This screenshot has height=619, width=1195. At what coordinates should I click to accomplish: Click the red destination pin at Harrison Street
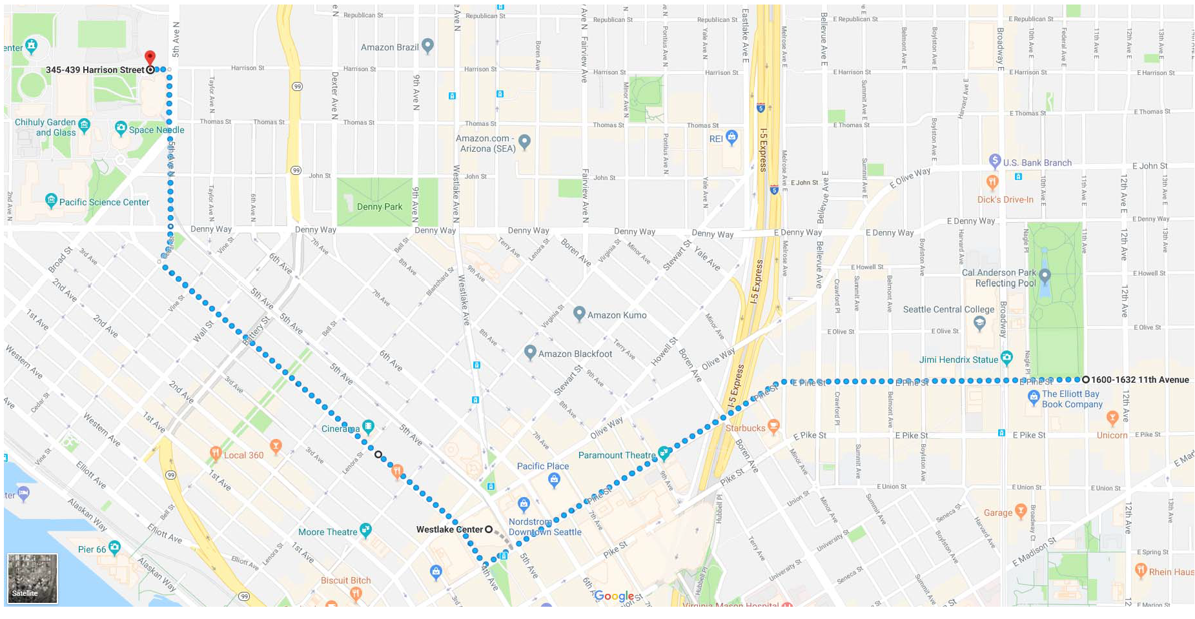coord(150,57)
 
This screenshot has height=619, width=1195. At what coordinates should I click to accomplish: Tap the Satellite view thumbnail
coord(32,578)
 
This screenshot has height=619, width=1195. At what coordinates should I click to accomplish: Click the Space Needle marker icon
coord(121,128)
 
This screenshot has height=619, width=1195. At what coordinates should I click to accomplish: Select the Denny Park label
coord(379,207)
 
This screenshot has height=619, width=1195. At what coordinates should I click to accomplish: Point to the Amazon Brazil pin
coord(427,46)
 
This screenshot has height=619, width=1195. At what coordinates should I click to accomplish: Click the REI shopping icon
coord(731,137)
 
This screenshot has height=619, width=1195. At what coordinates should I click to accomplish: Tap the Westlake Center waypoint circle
coord(489,529)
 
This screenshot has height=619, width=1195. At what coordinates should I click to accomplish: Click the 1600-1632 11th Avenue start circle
coord(1086,380)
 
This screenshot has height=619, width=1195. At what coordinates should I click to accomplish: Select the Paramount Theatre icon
coord(664,453)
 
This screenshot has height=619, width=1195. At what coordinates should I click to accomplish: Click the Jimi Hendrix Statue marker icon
coord(1006,358)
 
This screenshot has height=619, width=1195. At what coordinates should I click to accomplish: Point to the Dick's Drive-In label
coord(1005,199)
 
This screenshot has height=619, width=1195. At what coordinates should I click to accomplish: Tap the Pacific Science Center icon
coord(52,200)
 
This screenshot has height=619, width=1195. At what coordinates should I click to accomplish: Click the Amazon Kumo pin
coord(580,313)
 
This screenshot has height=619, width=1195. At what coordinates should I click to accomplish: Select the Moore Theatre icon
coord(365,530)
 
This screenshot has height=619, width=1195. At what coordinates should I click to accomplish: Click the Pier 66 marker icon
coord(114,548)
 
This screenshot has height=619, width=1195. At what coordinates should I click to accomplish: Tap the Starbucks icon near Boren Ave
coord(773,426)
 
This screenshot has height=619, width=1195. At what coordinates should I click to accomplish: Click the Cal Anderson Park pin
coord(1045,276)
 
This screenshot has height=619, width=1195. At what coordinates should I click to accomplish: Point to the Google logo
coord(614,596)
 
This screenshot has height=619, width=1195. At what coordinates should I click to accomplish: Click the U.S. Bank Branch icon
coord(995,161)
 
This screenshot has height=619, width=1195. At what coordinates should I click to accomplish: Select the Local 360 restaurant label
coord(243,455)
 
